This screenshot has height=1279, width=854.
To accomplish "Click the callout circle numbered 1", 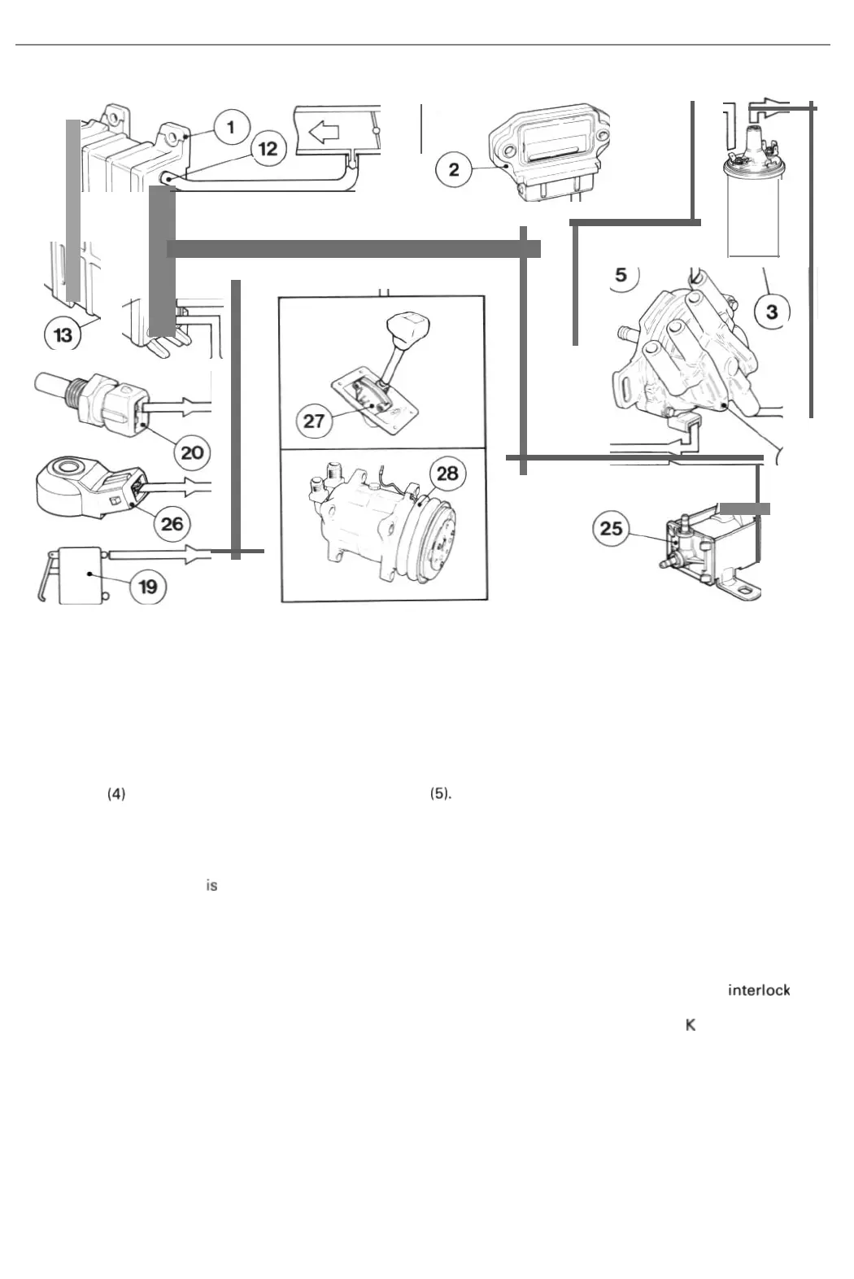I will point(232,127).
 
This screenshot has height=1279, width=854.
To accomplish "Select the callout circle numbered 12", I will point(268,149).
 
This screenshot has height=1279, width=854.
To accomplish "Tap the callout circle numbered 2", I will point(454,168).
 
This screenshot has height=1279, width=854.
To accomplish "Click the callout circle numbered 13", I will point(63,334).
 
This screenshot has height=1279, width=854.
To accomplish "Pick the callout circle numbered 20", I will point(192,451).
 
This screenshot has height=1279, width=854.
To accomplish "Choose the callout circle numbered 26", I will point(172,522).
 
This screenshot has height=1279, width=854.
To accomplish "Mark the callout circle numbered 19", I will point(148,586).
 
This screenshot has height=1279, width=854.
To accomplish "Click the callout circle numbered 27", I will point(314,420).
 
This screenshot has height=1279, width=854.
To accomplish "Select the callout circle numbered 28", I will point(447,474).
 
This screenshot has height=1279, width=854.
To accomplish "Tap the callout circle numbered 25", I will point(611,529).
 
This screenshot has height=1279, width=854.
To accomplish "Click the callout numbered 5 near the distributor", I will point(621,274).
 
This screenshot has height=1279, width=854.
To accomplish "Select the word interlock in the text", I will point(759,990).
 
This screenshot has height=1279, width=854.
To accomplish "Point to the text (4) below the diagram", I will point(116,794).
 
